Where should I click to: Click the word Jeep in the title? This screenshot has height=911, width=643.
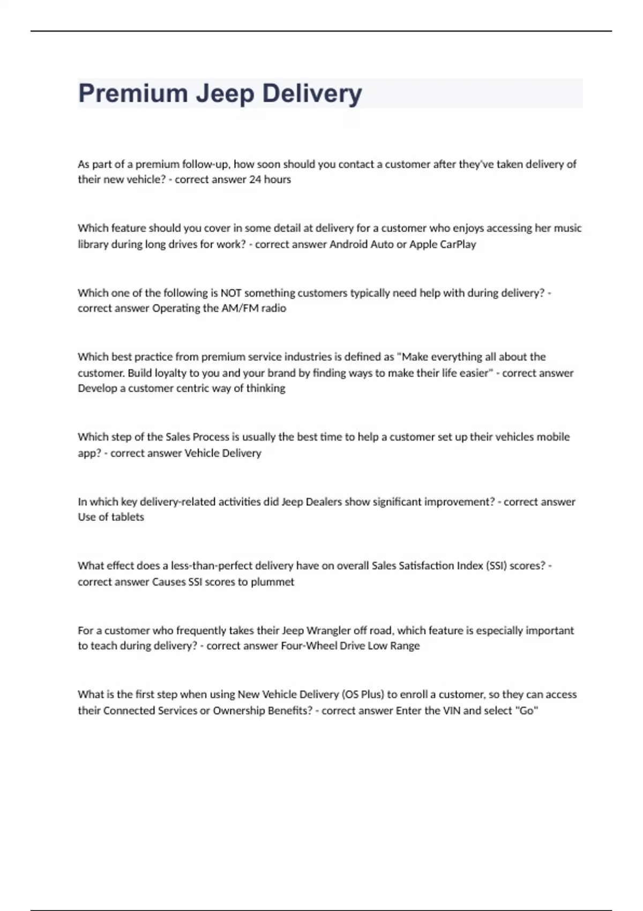(225, 94)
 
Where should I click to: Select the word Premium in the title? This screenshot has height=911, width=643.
(133, 94)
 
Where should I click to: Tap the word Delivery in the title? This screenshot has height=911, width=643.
(312, 94)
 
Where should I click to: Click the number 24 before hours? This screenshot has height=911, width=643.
(255, 180)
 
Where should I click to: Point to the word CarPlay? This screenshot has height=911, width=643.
(458, 244)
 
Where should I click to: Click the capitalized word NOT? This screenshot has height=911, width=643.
(231, 293)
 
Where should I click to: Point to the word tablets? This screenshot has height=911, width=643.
(128, 517)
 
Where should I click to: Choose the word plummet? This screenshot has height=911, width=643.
(273, 582)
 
